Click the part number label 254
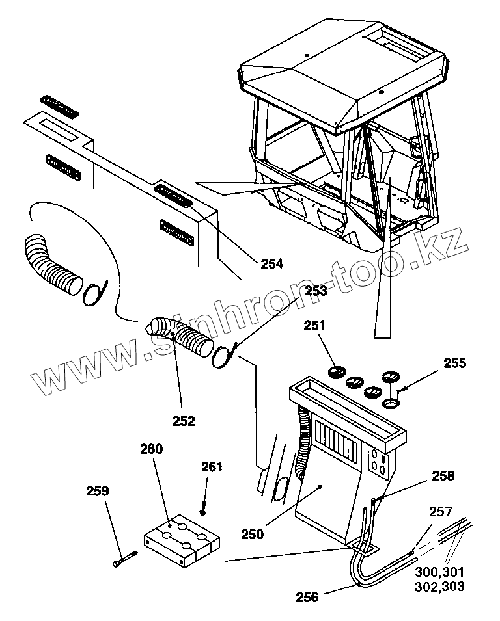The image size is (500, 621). pos(271,263)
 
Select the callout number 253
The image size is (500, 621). pos(316,291)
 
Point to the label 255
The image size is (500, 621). pos(454,363)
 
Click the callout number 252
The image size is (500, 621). pos(184,421)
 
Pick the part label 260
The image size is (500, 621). pos(151,449)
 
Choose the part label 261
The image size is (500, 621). pos(212,466)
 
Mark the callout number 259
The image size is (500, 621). pos(98,492)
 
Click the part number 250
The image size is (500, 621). pos(252,534)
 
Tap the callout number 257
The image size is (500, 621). pos(439,512)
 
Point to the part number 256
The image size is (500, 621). pos(307,596)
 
